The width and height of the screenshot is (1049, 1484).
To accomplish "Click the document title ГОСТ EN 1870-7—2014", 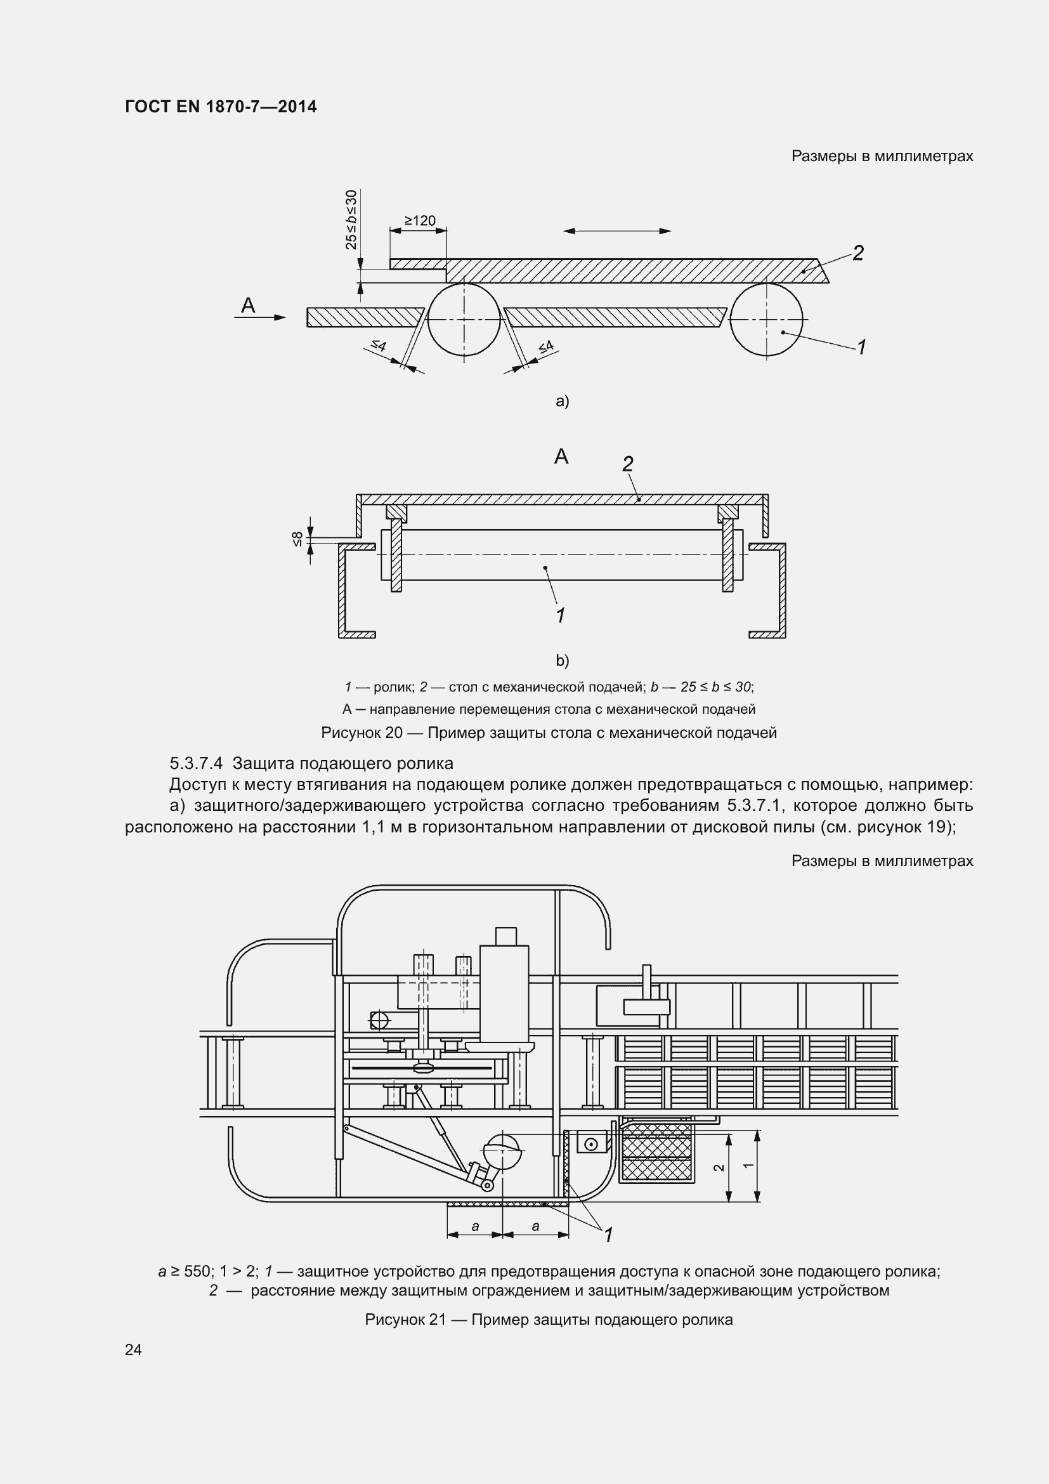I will click(x=221, y=107).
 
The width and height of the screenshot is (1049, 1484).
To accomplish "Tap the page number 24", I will click(x=133, y=1349).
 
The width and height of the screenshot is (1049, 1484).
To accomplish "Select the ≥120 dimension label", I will click(x=420, y=221).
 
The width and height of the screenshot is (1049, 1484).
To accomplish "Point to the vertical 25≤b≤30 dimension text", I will click(x=351, y=220).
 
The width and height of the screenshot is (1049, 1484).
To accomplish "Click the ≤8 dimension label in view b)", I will click(x=297, y=539).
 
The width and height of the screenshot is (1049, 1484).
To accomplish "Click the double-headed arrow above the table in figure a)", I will click(x=617, y=231).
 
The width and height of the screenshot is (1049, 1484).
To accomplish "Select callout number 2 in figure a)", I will click(x=858, y=253).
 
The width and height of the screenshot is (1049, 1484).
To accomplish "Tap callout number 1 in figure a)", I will click(x=861, y=347).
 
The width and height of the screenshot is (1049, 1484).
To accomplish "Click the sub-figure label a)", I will click(x=562, y=402).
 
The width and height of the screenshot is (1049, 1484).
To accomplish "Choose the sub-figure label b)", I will click(x=562, y=660).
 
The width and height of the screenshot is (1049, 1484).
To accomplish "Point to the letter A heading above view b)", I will click(x=561, y=457).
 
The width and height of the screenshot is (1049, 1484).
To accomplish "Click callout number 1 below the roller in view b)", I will click(x=561, y=615).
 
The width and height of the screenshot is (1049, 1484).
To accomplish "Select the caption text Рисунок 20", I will click(x=362, y=733).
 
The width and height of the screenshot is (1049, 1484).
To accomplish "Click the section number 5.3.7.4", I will click(x=196, y=763).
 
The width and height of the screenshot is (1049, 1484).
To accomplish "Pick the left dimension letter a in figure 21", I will click(x=476, y=1226).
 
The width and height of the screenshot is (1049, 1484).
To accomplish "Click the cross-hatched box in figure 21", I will click(x=656, y=1153).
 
